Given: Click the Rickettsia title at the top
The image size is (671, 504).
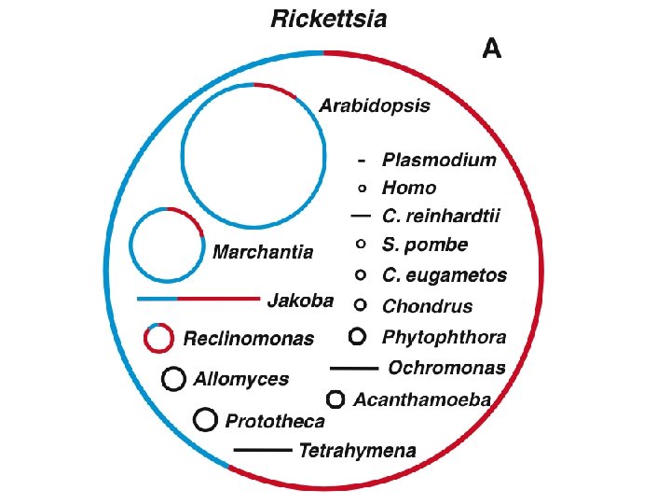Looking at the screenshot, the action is tap(329, 20).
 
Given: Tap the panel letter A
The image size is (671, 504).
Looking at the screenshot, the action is tap(491, 49).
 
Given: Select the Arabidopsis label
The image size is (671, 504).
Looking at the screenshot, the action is tap(375, 105).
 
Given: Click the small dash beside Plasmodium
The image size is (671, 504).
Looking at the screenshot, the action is tap(362, 161).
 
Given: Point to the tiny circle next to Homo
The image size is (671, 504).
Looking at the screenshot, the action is tap(362, 189).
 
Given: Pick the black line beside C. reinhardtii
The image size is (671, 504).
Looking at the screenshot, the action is tap(361, 216).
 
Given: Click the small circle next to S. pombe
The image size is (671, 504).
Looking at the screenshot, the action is tap(361, 244).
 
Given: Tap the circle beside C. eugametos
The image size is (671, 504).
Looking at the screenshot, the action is tap(361, 274).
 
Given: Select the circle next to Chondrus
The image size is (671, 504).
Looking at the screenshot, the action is tap(361, 305).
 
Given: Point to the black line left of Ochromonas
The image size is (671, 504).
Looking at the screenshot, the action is tap(354, 368).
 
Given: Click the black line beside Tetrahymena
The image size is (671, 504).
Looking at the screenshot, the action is tap(263, 450).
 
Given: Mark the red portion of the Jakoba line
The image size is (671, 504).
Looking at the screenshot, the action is tap(218, 299).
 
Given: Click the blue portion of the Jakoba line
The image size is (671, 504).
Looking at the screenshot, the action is tap(157, 299).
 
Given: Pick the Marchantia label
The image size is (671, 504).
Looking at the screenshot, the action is tap(263, 252).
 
